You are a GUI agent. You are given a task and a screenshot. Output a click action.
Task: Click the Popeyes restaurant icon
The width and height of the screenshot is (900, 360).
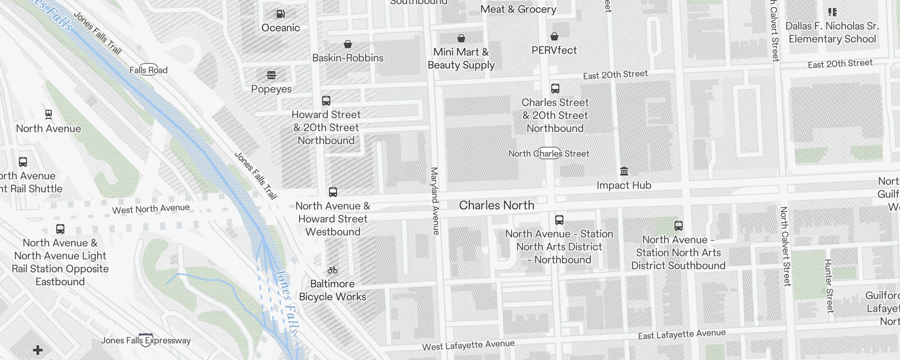(x=271, y=75)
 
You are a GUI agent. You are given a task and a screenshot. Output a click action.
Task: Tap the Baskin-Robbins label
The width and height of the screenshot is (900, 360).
(x=348, y=58)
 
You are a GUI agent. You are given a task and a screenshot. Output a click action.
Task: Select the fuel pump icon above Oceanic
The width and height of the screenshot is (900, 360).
(x=280, y=14)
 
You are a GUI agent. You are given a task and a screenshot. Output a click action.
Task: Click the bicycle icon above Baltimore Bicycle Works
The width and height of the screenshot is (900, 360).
(x=333, y=270)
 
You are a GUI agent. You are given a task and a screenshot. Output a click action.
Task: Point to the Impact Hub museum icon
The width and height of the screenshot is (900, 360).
(x=624, y=171)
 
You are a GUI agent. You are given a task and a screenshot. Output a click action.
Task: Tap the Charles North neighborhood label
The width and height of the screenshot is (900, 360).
(x=496, y=205)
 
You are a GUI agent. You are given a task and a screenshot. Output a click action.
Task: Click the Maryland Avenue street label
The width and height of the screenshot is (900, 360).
(x=435, y=201)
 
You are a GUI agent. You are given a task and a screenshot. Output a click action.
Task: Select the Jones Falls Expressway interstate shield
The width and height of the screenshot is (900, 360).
(x=146, y=340)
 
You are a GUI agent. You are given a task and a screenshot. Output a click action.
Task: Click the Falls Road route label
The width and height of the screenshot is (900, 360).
(x=148, y=70)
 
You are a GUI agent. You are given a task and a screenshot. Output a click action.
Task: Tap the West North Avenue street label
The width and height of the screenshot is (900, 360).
(x=151, y=209)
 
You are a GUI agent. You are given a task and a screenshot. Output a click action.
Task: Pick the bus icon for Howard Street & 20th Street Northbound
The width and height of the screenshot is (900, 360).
(x=326, y=101)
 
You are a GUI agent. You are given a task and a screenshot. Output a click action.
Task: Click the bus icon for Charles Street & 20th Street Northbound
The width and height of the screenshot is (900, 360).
(x=555, y=89)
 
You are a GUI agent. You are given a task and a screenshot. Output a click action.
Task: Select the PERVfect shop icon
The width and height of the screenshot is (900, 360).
(x=554, y=36)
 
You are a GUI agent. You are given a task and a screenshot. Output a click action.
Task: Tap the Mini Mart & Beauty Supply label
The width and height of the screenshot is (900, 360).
(x=461, y=58)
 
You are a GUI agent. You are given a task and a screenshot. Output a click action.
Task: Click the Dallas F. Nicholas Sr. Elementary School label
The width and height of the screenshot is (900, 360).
(x=832, y=32)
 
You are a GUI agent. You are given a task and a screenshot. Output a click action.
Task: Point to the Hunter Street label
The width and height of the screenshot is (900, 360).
(x=829, y=286)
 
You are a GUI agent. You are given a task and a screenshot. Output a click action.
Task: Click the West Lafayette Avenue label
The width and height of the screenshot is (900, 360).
(x=468, y=345)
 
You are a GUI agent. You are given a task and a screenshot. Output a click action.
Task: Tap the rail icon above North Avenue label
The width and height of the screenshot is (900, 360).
(x=49, y=115)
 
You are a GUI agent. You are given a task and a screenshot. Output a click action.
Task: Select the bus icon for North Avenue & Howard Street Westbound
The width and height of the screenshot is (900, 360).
(x=333, y=192)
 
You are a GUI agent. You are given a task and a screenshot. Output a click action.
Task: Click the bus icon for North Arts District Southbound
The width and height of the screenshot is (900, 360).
(x=679, y=226)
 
